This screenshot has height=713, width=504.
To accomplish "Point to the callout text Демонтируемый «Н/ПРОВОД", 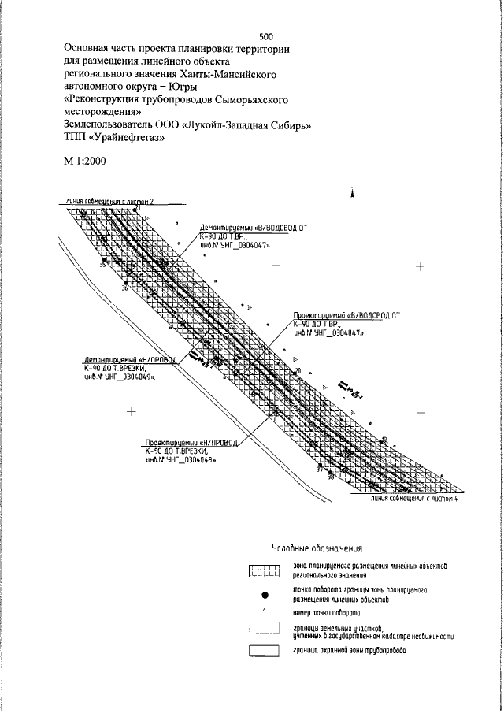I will pos(132,358).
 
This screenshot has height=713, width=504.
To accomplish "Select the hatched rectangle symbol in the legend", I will pos(265,572).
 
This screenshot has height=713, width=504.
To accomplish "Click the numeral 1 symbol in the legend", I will pos(265,612).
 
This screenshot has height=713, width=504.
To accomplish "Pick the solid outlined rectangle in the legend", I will pos(265,651).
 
